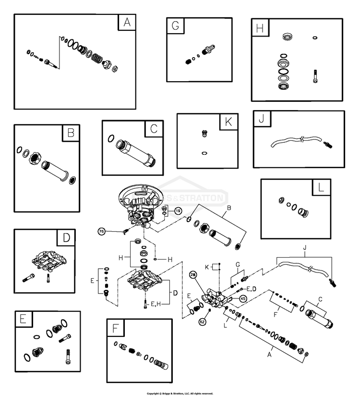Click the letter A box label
coord(127,23)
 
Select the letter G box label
coord(175,26)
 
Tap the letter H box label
coord(260,28)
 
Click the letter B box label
coord(71,133)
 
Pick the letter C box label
coord(154,129)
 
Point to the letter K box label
coord(228,122)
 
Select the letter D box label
coord(66,237)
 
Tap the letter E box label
coord(23,319)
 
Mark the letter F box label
coord(115,328)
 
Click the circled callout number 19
coord(178,210)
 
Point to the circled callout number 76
coord(102,232)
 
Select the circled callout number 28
coord(193,274)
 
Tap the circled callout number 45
coord(243,298)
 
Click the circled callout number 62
coord(202,322)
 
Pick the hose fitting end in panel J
coord(328,143)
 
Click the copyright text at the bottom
coord(180,393)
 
